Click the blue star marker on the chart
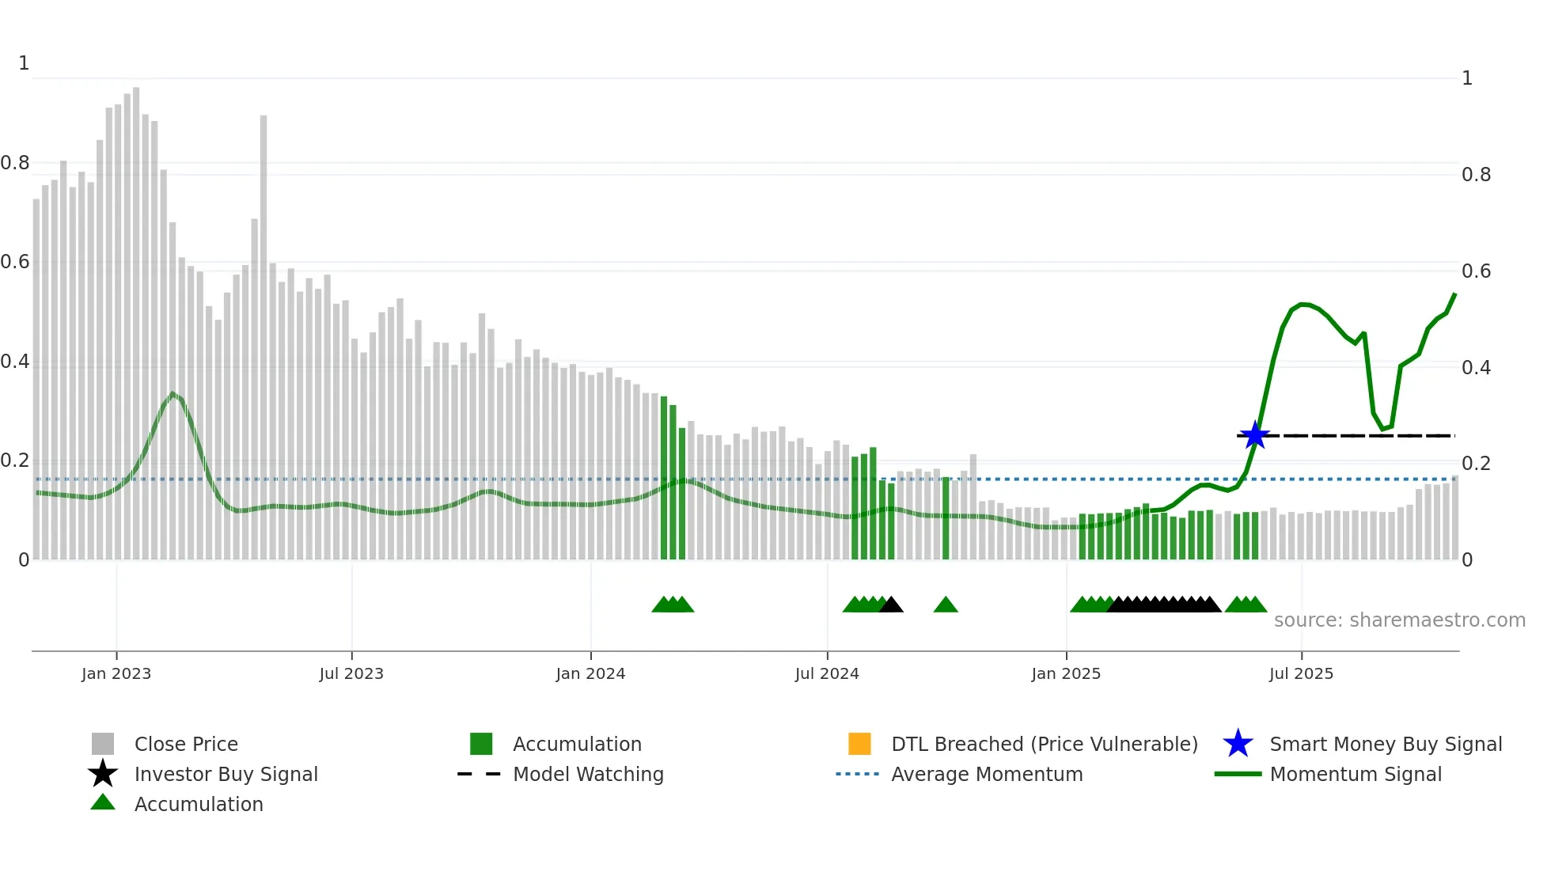coord(1255,435)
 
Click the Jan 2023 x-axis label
coord(116,673)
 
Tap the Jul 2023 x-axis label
coord(351,673)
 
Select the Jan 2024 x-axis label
coord(590,673)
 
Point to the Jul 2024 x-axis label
coord(827,673)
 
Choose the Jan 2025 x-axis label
coord(1066,673)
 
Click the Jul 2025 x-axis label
coord(1301,673)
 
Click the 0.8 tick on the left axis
coord(15,163)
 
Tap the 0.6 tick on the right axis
coord(1476,271)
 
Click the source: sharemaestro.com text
coord(1399,620)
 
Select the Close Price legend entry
coord(186,744)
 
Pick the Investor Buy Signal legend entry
coord(226,774)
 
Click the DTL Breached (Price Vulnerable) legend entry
coord(1044,744)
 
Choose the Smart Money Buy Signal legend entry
coord(1385,744)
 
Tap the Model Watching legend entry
coord(588,774)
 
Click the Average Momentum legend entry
coord(987,774)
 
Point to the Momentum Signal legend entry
coord(1356,774)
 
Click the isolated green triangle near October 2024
coord(946,605)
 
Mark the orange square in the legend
coord(859,744)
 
